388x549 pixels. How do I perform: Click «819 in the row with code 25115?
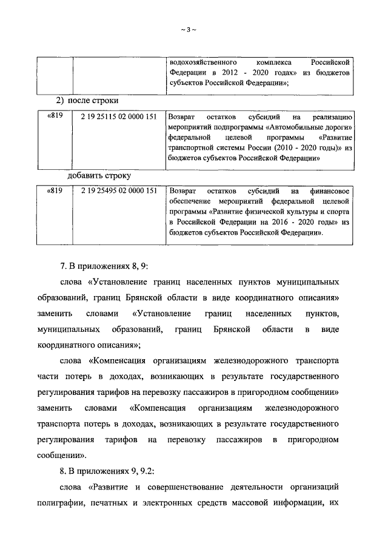pyautogui.click(x=55, y=118)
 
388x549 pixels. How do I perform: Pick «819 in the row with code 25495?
pyautogui.click(x=55, y=190)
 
